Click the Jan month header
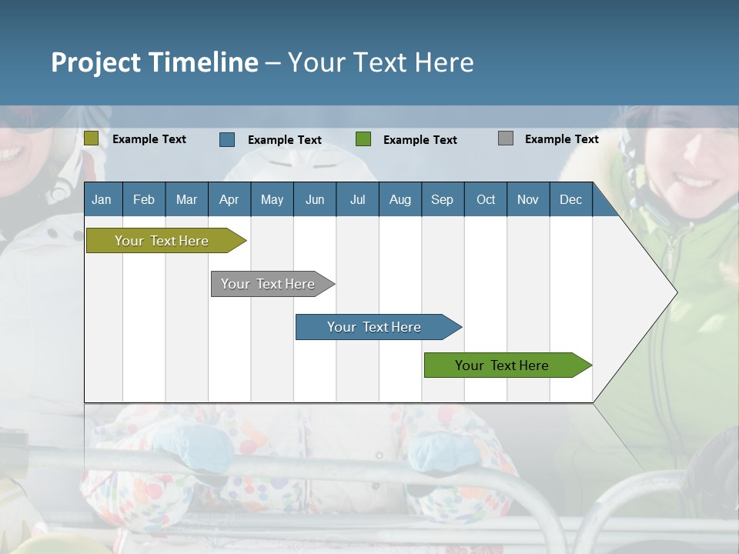(102, 200)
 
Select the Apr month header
(229, 200)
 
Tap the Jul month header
(357, 200)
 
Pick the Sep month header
(442, 200)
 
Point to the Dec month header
(570, 200)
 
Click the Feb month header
(144, 200)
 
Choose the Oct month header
(486, 200)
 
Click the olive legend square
(92, 138)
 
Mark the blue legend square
(227, 139)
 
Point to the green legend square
(363, 139)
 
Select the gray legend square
(506, 138)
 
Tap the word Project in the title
(95, 62)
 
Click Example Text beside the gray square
(562, 139)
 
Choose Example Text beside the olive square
(149, 139)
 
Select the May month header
(272, 200)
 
